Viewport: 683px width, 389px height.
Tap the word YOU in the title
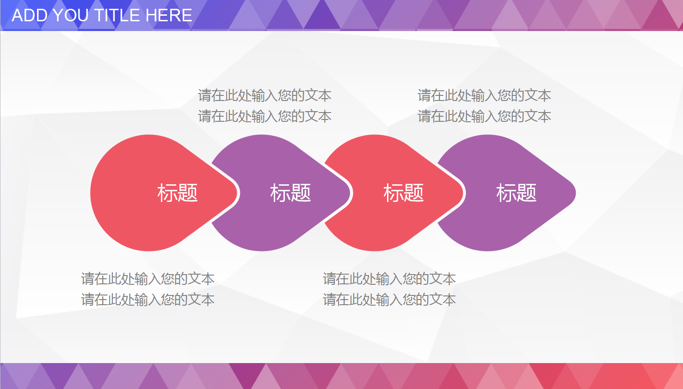69,15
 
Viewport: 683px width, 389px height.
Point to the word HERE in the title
169,15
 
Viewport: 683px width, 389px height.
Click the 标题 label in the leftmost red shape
178,193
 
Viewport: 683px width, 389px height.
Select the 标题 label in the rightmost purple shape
517,193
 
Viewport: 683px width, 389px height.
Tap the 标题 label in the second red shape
404,193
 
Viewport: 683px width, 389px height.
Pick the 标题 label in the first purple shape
290,193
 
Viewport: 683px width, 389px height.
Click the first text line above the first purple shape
265,95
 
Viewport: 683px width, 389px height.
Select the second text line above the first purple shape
265,116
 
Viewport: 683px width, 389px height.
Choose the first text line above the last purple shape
484,95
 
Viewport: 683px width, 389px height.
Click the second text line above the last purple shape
484,116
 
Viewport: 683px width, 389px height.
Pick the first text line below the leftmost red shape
148,278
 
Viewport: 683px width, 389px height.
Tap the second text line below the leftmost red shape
148,299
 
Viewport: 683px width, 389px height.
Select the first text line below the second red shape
389,278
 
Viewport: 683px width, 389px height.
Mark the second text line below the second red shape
389,299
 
